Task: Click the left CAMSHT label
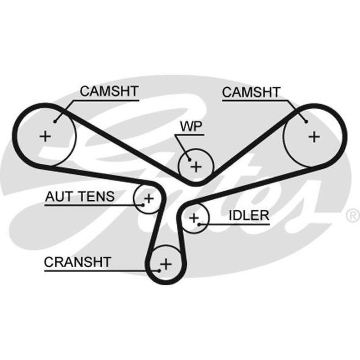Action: click(x=109, y=91)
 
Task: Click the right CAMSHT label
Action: click(x=251, y=92)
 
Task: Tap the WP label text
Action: click(x=191, y=126)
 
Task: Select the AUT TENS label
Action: click(x=80, y=197)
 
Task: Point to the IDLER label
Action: click(x=249, y=216)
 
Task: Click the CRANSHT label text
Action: click(x=77, y=262)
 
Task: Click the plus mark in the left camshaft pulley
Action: click(x=45, y=136)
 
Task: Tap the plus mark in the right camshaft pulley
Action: click(x=314, y=137)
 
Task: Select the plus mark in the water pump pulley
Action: click(x=196, y=166)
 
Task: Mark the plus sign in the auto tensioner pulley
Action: click(x=149, y=198)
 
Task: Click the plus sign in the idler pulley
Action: click(x=194, y=218)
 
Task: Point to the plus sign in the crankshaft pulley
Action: click(x=166, y=264)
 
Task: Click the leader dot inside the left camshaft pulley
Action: click(x=55, y=121)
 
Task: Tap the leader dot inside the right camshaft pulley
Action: click(x=306, y=121)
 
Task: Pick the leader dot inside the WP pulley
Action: click(x=189, y=159)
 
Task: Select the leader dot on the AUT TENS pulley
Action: click(x=143, y=205)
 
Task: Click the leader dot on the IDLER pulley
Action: click(x=199, y=224)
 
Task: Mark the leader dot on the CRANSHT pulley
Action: click(x=159, y=271)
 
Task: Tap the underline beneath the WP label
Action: click(x=189, y=135)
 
